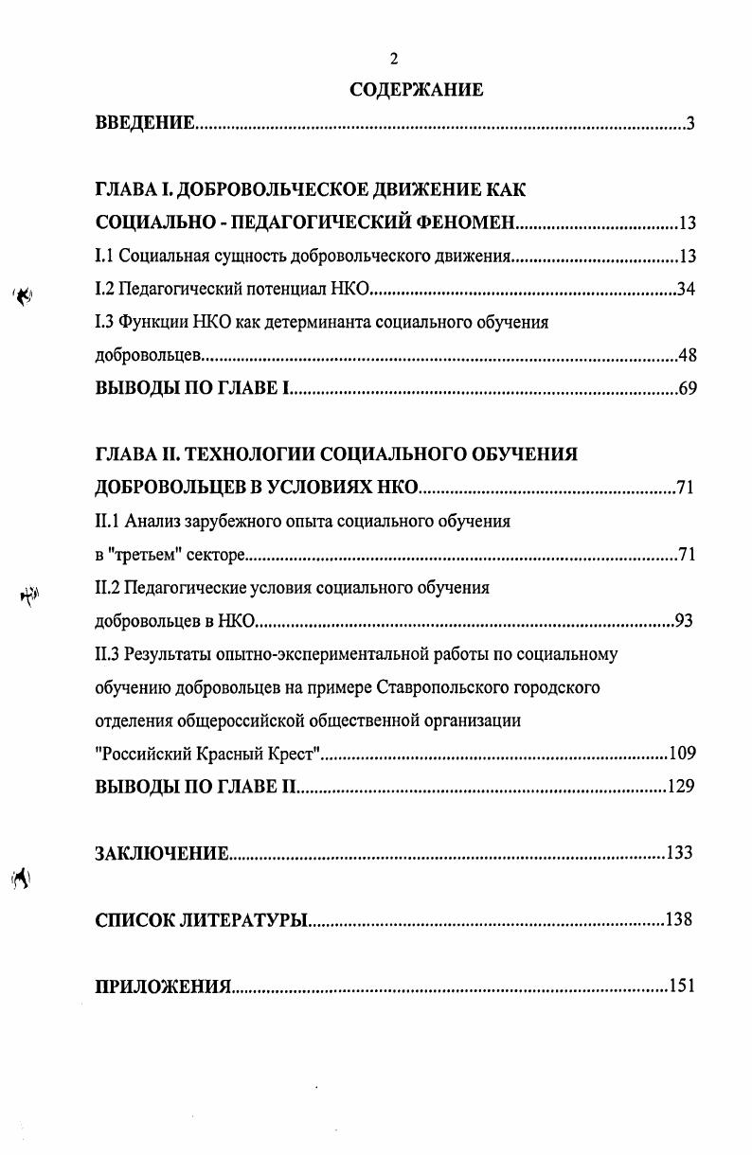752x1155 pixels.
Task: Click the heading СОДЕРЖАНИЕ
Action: tap(416, 90)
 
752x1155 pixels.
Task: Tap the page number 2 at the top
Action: tap(394, 60)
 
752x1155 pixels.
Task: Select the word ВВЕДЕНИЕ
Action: tap(145, 124)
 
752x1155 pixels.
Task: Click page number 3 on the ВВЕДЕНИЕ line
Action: tap(691, 124)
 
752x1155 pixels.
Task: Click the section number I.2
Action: tap(105, 290)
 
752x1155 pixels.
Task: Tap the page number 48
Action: tap(688, 356)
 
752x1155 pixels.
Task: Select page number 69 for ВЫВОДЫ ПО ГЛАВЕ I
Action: tap(688, 389)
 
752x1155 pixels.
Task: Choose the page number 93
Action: tap(684, 621)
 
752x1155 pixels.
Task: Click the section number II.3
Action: tap(108, 654)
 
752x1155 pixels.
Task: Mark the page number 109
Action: tap(682, 754)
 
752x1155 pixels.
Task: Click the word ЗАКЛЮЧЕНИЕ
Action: tap(162, 853)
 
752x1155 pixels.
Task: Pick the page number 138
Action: tap(678, 919)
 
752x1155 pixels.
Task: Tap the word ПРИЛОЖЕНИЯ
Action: tap(163, 986)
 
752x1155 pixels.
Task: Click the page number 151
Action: tap(682, 986)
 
